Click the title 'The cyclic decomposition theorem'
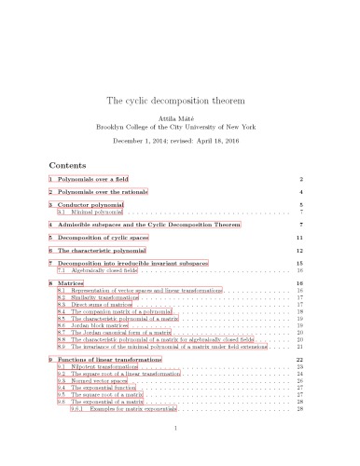[179, 100]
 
